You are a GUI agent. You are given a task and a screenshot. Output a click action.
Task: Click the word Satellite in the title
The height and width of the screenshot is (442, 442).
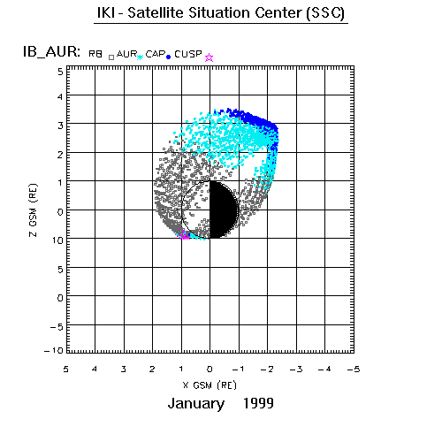(x=156, y=13)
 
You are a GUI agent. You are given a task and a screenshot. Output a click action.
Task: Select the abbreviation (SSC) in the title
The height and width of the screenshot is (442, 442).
(x=325, y=13)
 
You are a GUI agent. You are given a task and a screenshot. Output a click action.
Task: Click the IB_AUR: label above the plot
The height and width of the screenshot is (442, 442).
(x=51, y=52)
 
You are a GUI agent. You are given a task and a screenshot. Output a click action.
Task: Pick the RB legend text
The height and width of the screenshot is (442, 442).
(x=95, y=54)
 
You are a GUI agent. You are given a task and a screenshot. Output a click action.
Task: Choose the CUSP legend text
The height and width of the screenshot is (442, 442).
(x=188, y=54)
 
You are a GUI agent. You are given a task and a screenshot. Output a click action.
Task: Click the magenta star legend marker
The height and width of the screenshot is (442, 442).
(x=209, y=57)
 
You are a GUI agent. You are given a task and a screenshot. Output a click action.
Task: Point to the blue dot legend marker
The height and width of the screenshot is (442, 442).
(x=169, y=57)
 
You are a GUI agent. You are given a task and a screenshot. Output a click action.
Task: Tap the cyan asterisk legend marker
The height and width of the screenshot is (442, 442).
(x=141, y=57)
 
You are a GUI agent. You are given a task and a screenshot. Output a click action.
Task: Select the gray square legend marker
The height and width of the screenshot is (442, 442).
(x=111, y=57)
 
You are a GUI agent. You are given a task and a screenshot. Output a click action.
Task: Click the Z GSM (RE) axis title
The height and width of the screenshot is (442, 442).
(x=34, y=210)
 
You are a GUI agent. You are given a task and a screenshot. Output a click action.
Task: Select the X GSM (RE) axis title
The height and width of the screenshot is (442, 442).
(x=210, y=385)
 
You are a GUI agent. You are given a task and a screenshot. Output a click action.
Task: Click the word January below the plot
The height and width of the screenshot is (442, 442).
(x=196, y=404)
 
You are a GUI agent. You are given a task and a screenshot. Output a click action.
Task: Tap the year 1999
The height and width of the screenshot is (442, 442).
(x=258, y=403)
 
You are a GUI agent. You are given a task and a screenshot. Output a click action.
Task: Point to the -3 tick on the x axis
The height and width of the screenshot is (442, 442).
(x=296, y=369)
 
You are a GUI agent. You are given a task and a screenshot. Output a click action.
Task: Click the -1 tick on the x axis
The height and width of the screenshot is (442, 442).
(x=239, y=369)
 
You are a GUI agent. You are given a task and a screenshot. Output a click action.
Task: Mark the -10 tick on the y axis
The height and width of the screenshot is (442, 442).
(x=54, y=350)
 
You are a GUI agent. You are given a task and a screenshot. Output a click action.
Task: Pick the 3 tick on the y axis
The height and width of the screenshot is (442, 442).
(x=60, y=126)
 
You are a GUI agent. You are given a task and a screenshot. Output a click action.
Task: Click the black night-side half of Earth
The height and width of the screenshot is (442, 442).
(x=224, y=210)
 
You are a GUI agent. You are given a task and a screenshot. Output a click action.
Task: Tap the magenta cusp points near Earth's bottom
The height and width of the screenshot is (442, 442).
(x=183, y=235)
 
